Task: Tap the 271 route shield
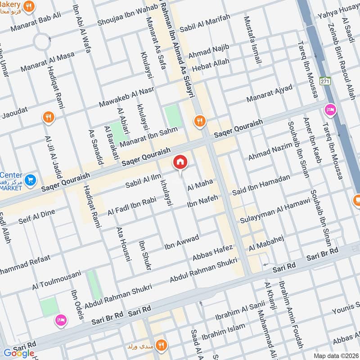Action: click(x=325, y=81)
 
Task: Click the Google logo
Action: click(x=19, y=353)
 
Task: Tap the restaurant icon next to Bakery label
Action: click(x=29, y=6)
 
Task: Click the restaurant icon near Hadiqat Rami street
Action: click(x=48, y=118)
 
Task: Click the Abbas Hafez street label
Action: click(x=212, y=252)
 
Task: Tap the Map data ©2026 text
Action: click(x=335, y=355)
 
